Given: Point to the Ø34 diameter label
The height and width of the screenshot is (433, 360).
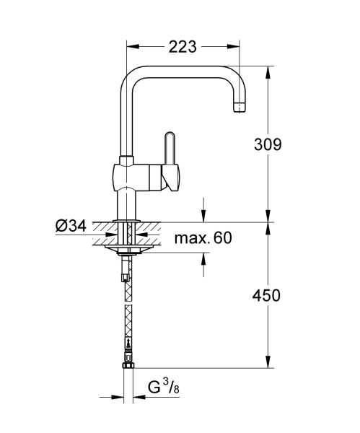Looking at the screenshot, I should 70,225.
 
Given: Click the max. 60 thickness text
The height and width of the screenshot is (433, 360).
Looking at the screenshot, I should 203,237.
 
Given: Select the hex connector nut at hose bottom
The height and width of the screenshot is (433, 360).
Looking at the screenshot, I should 128,364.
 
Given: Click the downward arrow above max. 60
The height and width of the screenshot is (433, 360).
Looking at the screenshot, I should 203,216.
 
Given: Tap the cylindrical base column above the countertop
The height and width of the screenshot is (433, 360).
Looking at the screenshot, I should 128,205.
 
